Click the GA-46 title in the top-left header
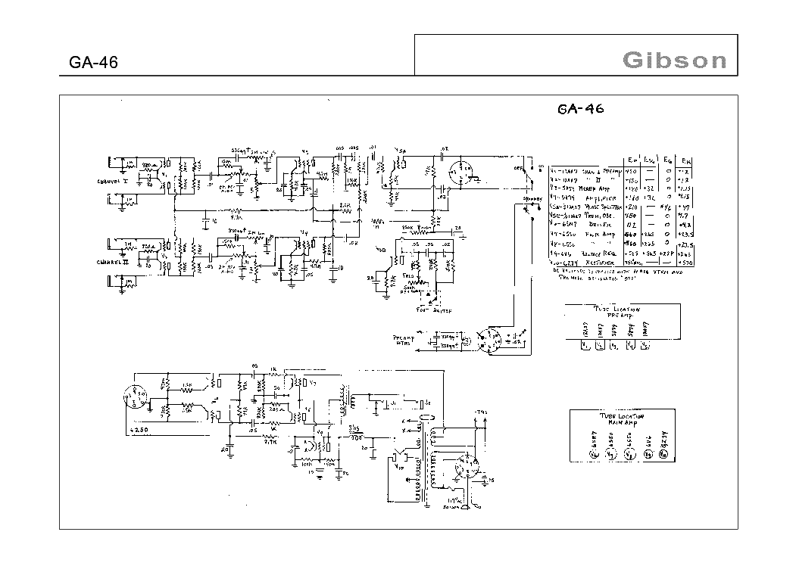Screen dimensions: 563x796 (93, 63)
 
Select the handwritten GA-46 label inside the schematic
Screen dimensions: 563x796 (581, 108)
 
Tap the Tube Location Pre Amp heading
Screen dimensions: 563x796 (614, 311)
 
